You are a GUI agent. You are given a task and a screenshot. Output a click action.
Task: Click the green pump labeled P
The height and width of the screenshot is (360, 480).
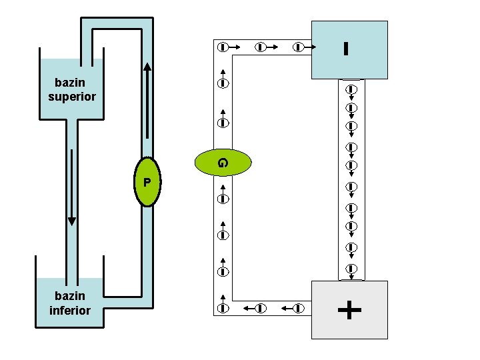coord(147,182)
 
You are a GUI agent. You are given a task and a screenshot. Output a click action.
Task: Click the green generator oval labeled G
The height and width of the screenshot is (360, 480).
coord(223,162)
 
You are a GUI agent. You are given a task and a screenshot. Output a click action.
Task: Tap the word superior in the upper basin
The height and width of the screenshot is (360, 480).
coord(72,97)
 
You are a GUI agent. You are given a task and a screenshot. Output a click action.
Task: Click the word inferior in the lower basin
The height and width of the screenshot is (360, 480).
coord(70,311)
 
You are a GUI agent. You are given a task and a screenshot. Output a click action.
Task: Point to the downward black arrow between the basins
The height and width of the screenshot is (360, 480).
coord(72,187)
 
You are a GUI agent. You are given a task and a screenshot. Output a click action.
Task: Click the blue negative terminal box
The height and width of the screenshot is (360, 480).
coord(349,50)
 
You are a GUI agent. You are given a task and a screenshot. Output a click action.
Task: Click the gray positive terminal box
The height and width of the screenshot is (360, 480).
coord(349,309)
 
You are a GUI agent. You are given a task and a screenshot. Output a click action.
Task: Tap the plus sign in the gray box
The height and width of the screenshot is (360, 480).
coord(349,309)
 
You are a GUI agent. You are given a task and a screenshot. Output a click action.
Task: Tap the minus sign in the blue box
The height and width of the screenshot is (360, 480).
coord(346,49)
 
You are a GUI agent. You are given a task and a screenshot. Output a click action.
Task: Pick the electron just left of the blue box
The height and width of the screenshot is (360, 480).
coord(299,47)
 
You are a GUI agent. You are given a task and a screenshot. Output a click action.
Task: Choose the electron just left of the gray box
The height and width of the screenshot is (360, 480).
coord(299,307)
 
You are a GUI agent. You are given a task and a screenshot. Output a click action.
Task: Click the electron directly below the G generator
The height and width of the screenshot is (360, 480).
coord(223,199)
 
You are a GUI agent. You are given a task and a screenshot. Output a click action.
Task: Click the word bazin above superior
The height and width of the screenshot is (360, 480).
coord(70,83)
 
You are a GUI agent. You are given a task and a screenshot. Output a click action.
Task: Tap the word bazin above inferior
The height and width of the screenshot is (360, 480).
coord(70,296)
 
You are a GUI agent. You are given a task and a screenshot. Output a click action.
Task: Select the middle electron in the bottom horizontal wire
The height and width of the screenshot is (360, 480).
coord(261,307)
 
